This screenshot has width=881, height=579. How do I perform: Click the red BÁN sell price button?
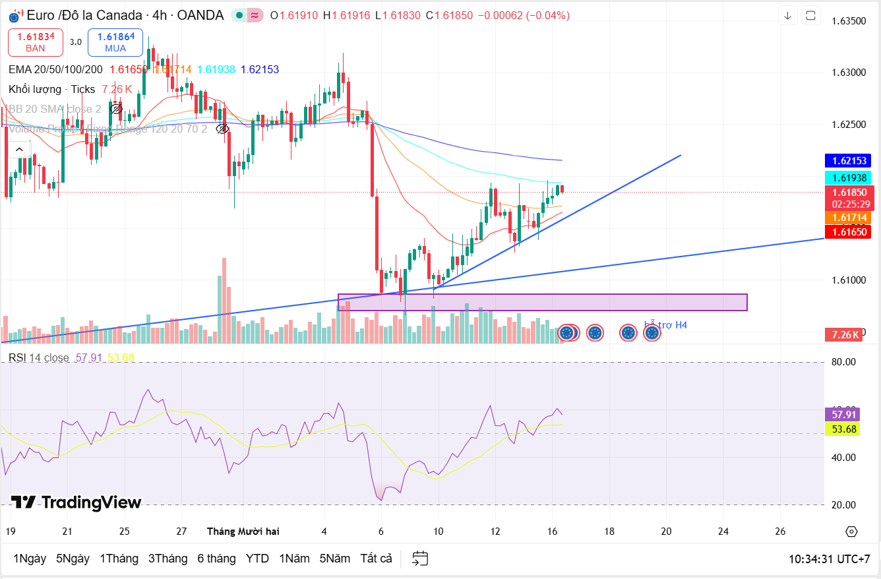pyautogui.click(x=36, y=42)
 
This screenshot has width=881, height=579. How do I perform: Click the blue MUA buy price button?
pyautogui.click(x=115, y=42)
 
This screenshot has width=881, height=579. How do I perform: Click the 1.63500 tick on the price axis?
pyautogui.click(x=848, y=21)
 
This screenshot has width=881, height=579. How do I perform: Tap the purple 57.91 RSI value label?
pyautogui.click(x=844, y=414)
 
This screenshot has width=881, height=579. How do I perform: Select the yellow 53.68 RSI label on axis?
pyautogui.click(x=844, y=429)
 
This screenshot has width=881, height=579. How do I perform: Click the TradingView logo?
pyautogui.click(x=76, y=503)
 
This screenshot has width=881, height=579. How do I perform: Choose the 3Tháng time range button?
pyautogui.click(x=167, y=559)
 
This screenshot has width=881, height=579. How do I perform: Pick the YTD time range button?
pyautogui.click(x=257, y=559)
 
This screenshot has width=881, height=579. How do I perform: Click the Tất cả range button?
pyautogui.click(x=376, y=559)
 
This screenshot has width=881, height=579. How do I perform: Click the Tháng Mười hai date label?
pyautogui.click(x=243, y=531)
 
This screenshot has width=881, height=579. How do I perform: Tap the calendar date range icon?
pyautogui.click(x=420, y=559)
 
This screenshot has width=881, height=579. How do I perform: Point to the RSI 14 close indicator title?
pyautogui.click(x=39, y=357)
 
